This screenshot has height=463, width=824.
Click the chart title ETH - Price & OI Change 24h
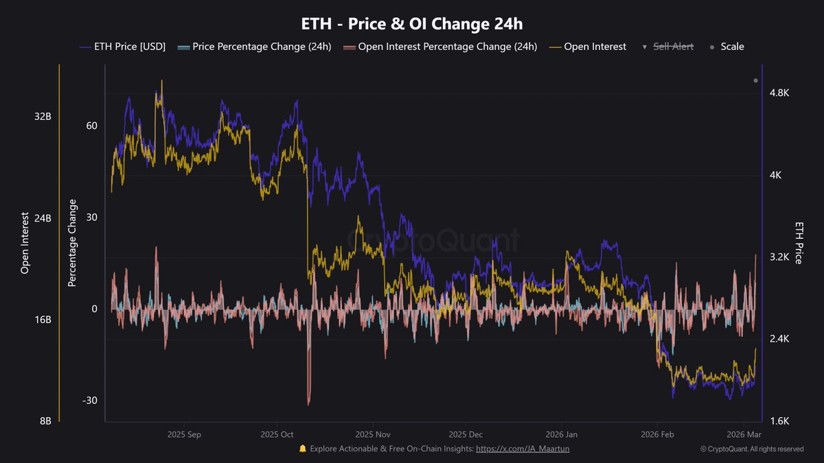[x=412, y=24]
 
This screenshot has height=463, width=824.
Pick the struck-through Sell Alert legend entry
[x=672, y=47]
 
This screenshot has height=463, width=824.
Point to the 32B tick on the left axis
[x=43, y=117]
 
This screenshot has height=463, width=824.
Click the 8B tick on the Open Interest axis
[x=45, y=421]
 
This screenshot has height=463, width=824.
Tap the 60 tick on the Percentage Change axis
[x=91, y=126]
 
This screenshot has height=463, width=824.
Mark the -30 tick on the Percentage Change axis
[x=90, y=401]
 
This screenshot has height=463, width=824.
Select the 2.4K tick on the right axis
[x=779, y=339]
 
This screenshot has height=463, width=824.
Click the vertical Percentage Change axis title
[x=72, y=243]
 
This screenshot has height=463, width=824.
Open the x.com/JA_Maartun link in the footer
[x=523, y=449]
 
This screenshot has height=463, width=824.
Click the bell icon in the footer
[x=302, y=449]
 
